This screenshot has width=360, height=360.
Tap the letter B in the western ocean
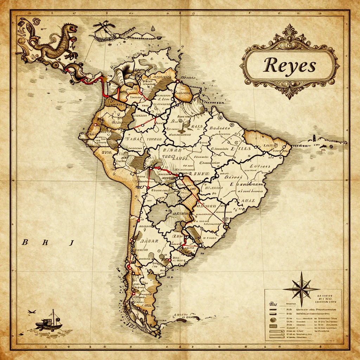(25, 242)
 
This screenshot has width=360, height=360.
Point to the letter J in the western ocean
(71, 242)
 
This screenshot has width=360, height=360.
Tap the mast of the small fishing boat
(53, 315)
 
